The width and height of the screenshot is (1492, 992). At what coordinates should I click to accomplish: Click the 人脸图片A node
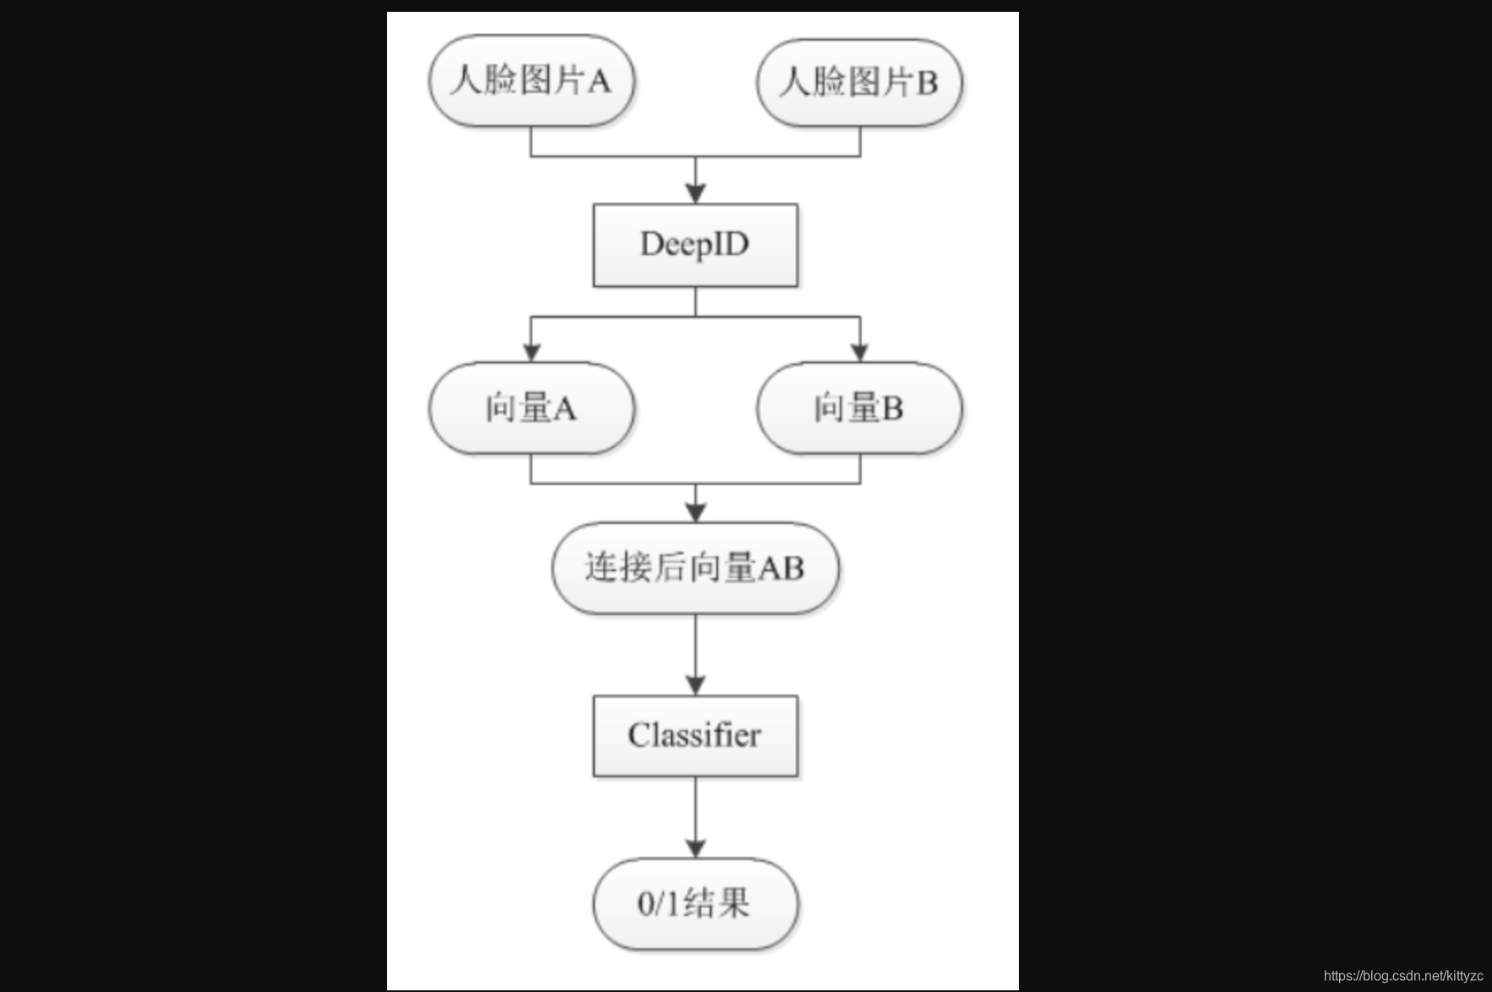tap(531, 81)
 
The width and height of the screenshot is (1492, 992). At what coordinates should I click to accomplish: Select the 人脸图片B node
tap(858, 82)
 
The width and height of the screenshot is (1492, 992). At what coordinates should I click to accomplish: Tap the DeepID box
tap(694, 245)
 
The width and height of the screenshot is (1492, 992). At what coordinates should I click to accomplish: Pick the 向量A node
tap(531, 408)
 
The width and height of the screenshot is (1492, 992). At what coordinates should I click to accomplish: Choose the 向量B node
tap(858, 408)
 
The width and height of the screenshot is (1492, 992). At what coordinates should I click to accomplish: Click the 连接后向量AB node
tap(694, 568)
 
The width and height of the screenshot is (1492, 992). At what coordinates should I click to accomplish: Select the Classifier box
tap(694, 735)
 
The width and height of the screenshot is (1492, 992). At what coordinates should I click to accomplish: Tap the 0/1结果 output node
tap(694, 904)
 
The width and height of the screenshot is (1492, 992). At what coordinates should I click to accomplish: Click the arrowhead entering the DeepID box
tap(695, 193)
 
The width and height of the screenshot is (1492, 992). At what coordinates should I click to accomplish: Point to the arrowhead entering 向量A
tap(531, 352)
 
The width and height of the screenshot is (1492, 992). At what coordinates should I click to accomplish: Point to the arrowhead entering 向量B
tap(860, 352)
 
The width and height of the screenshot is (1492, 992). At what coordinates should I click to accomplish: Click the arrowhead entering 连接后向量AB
tap(695, 512)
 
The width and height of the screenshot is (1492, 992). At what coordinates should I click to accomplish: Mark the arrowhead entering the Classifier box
tap(695, 684)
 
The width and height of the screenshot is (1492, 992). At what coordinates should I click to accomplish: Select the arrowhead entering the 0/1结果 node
tap(695, 848)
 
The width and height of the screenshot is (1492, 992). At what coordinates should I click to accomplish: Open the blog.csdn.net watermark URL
tap(1403, 976)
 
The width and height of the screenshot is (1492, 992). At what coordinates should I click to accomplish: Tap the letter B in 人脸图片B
tap(927, 83)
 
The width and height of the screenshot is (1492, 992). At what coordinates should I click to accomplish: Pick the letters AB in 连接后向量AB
tap(781, 568)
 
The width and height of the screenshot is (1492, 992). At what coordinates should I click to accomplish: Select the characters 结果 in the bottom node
tap(716, 904)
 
